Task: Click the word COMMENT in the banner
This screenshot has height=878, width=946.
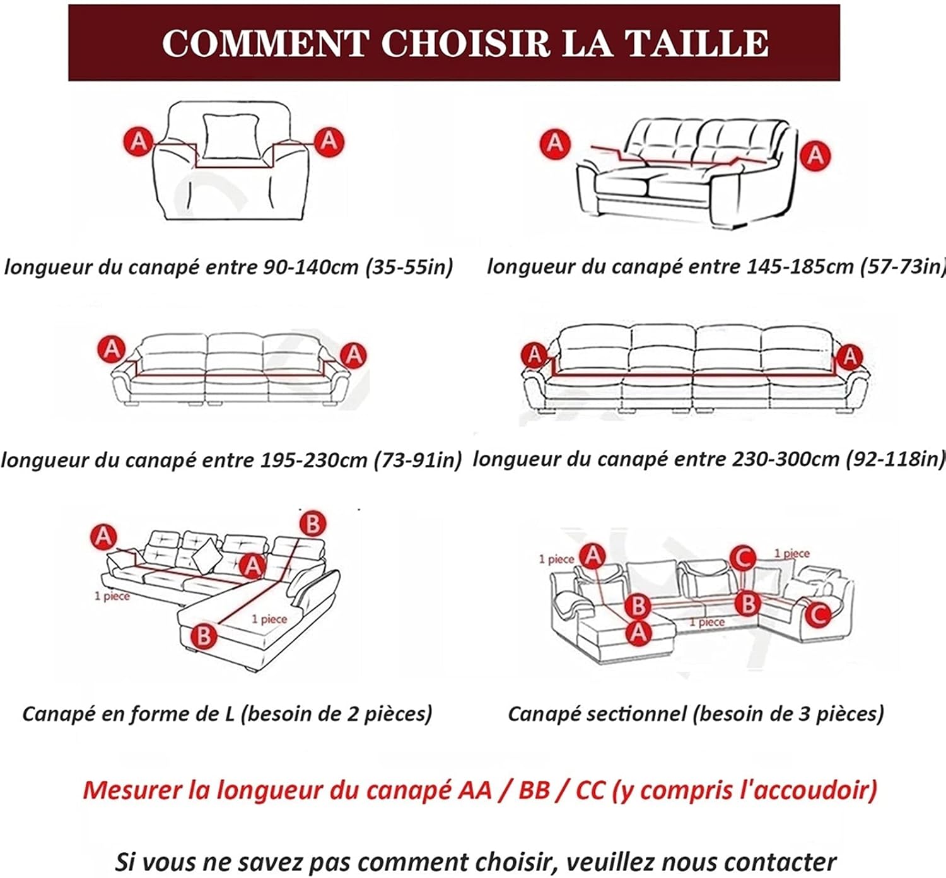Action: click(266, 44)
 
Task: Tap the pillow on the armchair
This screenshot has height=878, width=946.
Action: click(231, 136)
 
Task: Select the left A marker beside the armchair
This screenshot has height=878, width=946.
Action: click(139, 141)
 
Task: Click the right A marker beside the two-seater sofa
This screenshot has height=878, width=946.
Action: click(815, 155)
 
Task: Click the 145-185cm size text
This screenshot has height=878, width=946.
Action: click(800, 267)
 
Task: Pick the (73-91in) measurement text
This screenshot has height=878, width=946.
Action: click(418, 460)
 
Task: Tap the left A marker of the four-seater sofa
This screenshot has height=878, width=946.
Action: click(534, 355)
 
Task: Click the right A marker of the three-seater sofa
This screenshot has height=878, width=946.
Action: click(353, 355)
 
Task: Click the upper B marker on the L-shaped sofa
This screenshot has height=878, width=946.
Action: click(313, 524)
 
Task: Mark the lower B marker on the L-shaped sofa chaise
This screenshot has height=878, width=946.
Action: click(204, 636)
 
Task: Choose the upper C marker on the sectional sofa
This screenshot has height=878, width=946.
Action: click(743, 558)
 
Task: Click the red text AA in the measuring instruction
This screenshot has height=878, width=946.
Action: click(475, 790)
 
